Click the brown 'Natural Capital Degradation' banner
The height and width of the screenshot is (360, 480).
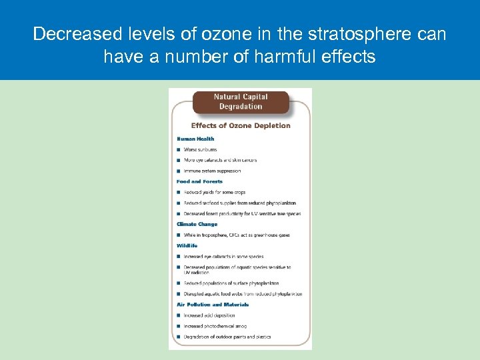[241, 102]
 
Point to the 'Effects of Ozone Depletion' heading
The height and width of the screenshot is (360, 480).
[241, 125]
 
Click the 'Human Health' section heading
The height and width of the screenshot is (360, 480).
[195, 139]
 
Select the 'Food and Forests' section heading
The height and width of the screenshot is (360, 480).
[199, 181]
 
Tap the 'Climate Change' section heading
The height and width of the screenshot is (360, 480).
[197, 224]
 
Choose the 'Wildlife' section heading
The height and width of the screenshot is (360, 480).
[187, 245]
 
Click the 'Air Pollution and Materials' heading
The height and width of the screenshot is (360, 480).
[213, 305]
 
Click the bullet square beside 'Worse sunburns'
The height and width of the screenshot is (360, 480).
[179, 150]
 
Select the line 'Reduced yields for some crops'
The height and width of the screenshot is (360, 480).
[215, 192]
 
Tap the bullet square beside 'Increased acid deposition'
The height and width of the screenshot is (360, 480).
[179, 315]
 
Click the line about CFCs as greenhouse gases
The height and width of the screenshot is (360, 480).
[237, 235]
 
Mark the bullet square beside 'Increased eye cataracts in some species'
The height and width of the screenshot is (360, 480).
[179, 257]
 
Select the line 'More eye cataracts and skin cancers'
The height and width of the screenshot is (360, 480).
[220, 160]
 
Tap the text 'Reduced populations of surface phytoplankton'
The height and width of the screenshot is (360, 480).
[231, 283]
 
